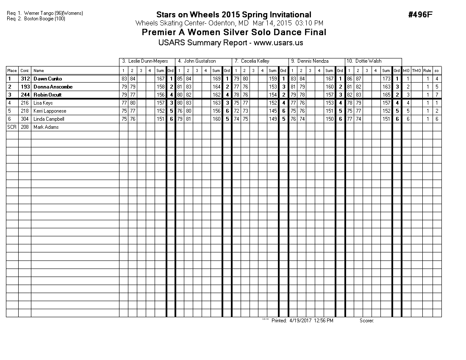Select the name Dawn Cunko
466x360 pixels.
(47, 79)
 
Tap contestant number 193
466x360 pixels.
(25, 87)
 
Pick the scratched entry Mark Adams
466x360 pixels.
(46, 127)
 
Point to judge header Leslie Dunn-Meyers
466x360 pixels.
(145, 61)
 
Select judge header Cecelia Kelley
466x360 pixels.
(255, 61)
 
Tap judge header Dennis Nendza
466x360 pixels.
(313, 61)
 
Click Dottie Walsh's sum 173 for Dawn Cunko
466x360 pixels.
(386, 79)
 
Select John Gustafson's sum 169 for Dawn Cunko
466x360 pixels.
(216, 79)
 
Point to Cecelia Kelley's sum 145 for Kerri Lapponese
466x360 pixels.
(273, 111)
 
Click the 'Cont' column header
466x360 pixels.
(25, 71)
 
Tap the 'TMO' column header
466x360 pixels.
(416, 71)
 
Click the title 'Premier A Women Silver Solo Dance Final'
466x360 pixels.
(234, 33)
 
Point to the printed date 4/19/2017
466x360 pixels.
(300, 321)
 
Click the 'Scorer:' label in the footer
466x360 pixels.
(366, 321)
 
